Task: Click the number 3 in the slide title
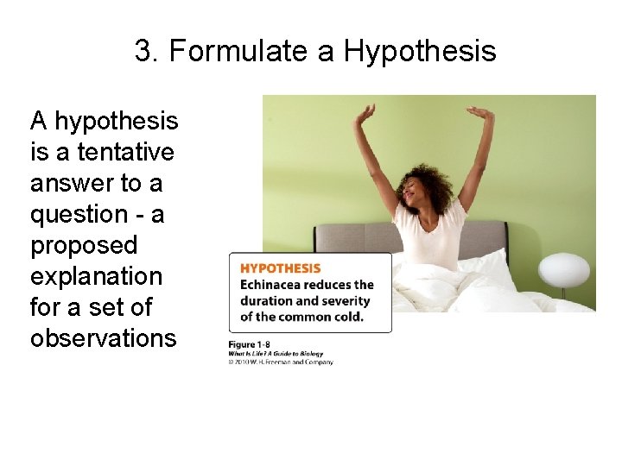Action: pos(143,52)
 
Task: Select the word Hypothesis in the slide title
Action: pos(420,53)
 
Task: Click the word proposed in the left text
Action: pos(84,246)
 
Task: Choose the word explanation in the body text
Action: pos(96,276)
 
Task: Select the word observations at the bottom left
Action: pos(103,338)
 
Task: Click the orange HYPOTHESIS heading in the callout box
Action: pos(280,268)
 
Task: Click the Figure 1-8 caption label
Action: pos(249,345)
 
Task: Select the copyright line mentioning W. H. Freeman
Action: pos(281,362)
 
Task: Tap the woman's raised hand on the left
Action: pos(367,112)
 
